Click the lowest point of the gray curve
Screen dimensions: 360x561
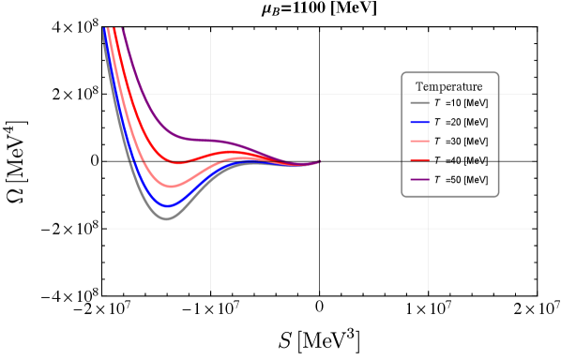click(167, 219)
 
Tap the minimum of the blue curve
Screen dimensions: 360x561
click(167, 206)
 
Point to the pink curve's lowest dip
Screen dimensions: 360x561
click(169, 187)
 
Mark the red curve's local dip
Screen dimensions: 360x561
click(176, 163)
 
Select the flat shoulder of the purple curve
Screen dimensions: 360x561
click(201, 140)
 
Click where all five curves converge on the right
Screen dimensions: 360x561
click(319, 161)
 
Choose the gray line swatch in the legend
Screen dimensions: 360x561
click(419, 102)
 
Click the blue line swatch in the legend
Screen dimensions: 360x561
click(419, 122)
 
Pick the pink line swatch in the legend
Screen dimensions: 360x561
click(419, 141)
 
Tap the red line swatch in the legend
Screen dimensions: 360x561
click(419, 160)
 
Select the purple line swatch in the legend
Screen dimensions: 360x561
click(419, 179)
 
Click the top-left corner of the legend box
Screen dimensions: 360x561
click(402, 73)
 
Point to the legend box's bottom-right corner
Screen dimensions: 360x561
click(498, 196)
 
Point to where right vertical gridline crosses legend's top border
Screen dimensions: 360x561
click(429, 73)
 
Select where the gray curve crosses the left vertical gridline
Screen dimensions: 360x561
click(210, 177)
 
